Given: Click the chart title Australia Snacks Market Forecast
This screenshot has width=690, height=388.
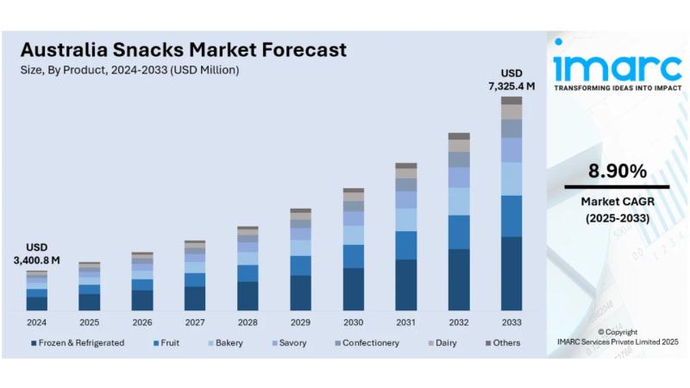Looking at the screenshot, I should (183, 49).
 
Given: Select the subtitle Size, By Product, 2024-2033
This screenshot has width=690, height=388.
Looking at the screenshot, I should (129, 70).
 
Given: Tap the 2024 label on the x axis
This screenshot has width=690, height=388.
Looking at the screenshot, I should (36, 322).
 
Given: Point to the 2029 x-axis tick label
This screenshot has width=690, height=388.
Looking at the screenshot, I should (300, 322).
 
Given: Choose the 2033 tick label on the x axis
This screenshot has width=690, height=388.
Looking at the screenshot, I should (511, 322).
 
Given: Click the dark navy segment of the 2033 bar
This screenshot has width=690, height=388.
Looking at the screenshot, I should (511, 273).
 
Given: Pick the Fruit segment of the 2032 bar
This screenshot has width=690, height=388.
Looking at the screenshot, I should (459, 232).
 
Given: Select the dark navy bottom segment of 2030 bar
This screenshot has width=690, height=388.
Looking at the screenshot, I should (353, 289).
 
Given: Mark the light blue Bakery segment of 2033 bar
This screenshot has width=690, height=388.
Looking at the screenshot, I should (511, 178).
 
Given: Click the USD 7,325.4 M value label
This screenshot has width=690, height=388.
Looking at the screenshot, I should (511, 79).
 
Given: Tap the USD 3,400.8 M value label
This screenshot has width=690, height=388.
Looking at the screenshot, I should (36, 253).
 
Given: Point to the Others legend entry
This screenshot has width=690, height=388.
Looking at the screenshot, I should (505, 342).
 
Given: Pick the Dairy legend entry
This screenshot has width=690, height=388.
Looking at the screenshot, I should (447, 342).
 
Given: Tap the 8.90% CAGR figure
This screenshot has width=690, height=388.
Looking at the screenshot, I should (618, 171).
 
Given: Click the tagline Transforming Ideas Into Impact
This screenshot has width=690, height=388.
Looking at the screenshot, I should (617, 88).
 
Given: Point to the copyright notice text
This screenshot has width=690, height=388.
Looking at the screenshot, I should (618, 337).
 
